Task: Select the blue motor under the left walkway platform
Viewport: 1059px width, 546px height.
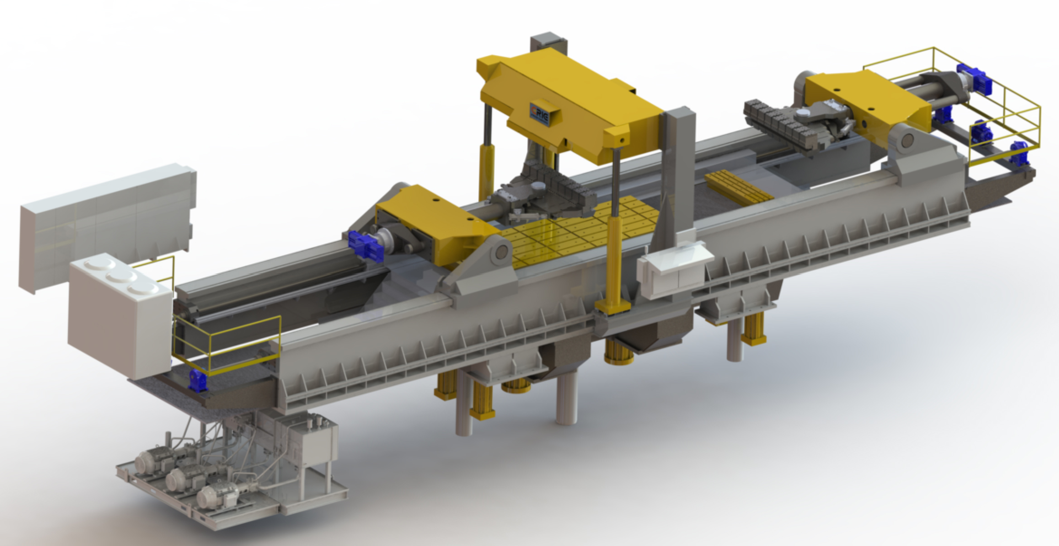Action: point(197,381)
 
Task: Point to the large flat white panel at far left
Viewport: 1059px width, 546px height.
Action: point(105,226)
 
